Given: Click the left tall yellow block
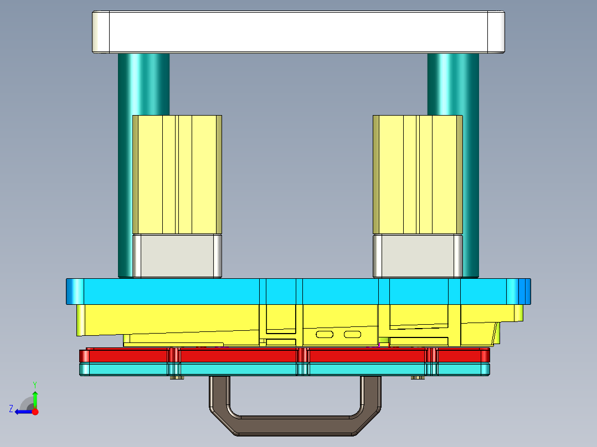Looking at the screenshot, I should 177,174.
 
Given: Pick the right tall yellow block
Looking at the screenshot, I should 418,174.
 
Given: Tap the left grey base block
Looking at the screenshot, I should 177,256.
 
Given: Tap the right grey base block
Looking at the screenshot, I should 418,256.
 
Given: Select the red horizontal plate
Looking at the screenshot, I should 238,355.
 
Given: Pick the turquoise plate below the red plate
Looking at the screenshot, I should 238,370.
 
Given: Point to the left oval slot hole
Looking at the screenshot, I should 325,334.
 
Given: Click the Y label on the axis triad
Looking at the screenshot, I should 34,384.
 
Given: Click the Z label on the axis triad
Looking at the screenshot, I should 11,409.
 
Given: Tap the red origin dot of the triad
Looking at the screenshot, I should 35,412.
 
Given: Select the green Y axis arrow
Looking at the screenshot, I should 35,398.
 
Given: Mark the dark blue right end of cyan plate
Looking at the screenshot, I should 524,291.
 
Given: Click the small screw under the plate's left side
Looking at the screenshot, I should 177,378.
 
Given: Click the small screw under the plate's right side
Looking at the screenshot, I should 418,378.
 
